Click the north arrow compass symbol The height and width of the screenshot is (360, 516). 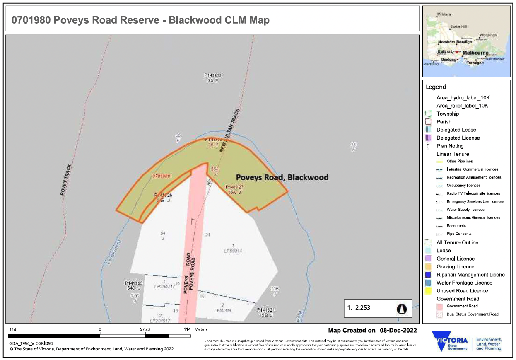402,309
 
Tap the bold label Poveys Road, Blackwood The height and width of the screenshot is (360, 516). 282,177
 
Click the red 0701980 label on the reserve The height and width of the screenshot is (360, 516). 162,176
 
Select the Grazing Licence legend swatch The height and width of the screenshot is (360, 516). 429,267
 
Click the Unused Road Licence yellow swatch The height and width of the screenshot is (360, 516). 429,291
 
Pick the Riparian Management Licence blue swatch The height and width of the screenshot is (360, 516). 429,275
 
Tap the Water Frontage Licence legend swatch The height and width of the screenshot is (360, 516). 429,283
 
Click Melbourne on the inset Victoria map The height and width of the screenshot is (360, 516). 475,53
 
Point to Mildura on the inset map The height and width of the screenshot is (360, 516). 444,14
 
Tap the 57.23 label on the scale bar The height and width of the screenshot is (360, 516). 145,329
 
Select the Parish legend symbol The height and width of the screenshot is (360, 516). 429,122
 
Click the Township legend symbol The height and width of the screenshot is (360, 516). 429,114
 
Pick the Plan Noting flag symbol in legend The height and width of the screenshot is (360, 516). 428,146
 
